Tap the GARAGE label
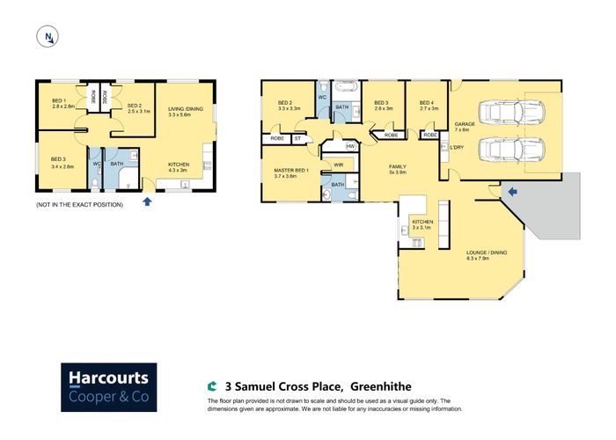465,124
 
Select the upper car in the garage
514,114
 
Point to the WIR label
338,164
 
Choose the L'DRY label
457,147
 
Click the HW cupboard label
350,146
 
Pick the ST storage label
297,138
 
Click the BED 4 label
427,103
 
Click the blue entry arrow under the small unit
147,202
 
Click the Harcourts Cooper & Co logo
108,387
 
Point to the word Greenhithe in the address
380,385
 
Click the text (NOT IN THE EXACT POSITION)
79,204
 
